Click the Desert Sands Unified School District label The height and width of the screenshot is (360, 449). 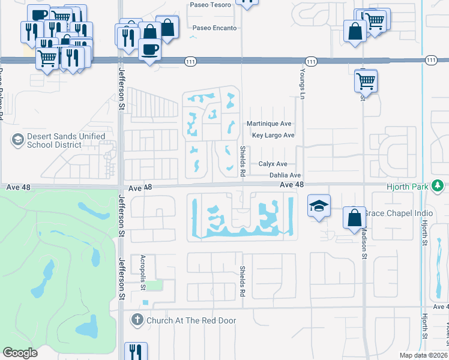click(58, 140)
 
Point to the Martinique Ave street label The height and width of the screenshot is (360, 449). click(269, 124)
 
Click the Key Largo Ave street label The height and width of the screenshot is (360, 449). click(273, 136)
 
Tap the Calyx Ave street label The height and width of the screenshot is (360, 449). click(273, 164)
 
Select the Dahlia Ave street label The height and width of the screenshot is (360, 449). click(285, 175)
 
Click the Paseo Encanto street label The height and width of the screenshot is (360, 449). click(214, 28)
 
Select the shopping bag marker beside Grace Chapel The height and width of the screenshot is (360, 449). click(355, 218)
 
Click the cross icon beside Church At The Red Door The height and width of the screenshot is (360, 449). click(137, 320)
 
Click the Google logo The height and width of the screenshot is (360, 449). click(20, 353)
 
